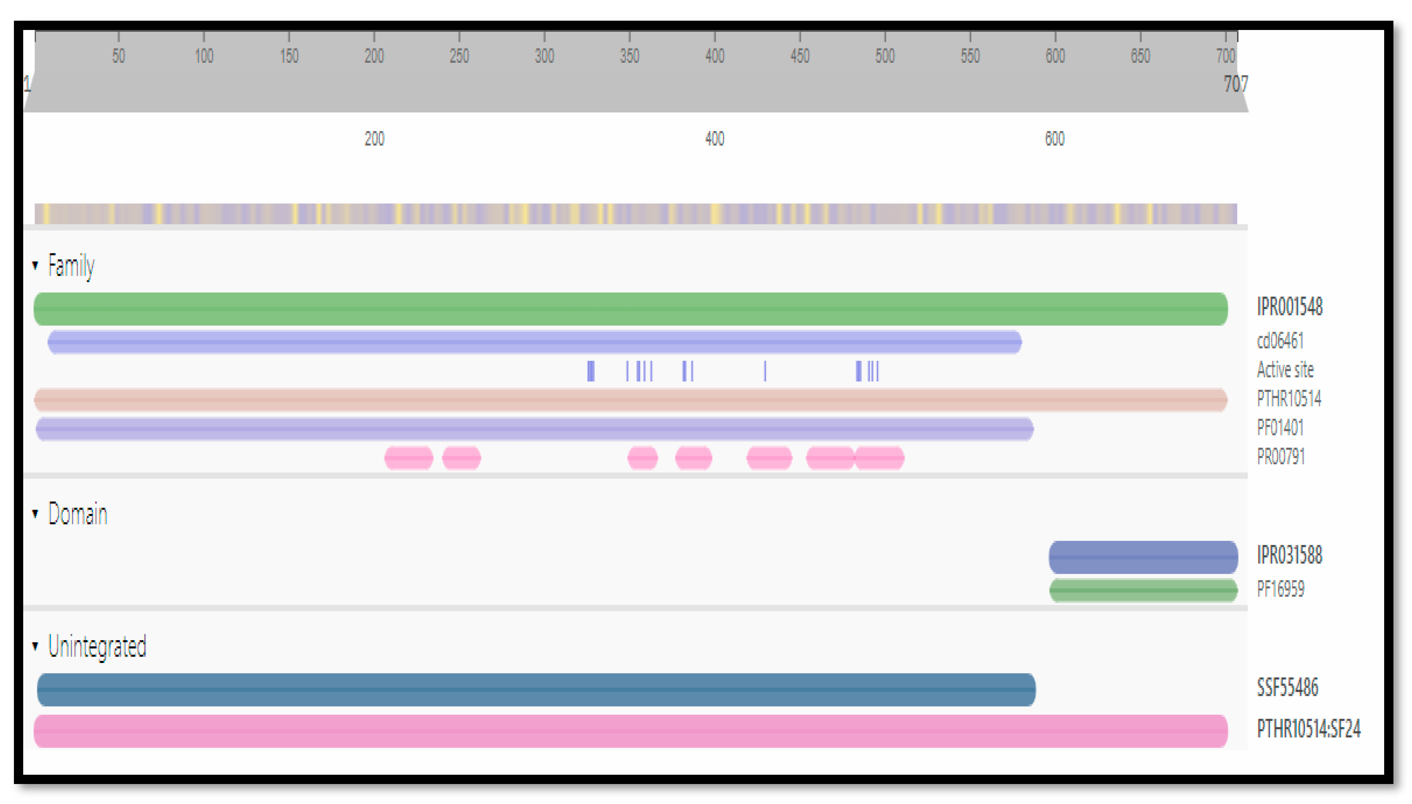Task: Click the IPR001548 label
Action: pos(1289,307)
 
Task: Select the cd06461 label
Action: pos(1280,341)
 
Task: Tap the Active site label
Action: pos(1285,370)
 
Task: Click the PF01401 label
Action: pos(1280,428)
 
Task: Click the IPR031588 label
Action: pos(1289,555)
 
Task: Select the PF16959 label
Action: pos(1280,589)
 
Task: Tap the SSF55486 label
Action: pos(1287,688)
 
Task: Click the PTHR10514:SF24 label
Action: pos(1308,729)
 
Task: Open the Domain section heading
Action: pos(77,514)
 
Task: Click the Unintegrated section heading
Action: pos(97,647)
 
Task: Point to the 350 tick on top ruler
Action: pos(629,56)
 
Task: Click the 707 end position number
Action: pos(1235,84)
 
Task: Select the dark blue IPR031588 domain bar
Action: pos(1143,557)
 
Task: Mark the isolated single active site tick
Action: pos(765,371)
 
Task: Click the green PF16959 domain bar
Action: pos(1143,590)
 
